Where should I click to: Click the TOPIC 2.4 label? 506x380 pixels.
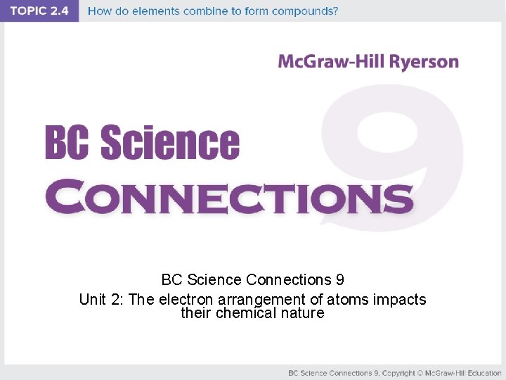pyautogui.click(x=39, y=11)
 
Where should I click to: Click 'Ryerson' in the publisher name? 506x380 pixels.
pyautogui.click(x=420, y=61)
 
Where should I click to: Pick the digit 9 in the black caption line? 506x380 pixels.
pyautogui.click(x=339, y=280)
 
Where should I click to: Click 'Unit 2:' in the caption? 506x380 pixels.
pyautogui.click(x=102, y=300)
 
